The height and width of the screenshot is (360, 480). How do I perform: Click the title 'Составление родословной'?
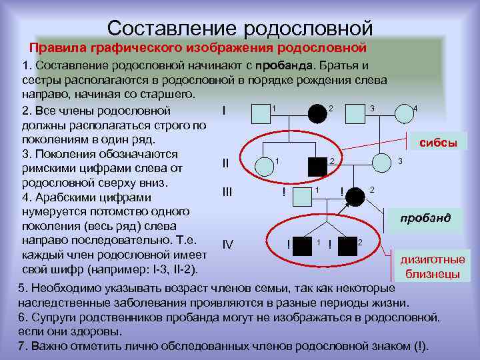coord(240,27)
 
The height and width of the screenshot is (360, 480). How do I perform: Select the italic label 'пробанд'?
coord(425,218)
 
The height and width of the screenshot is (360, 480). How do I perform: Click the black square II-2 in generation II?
coord(317,167)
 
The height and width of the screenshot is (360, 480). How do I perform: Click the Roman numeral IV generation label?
coord(227,244)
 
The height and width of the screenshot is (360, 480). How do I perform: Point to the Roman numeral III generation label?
coord(227,192)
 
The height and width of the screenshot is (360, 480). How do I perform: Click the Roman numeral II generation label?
coord(225,163)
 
